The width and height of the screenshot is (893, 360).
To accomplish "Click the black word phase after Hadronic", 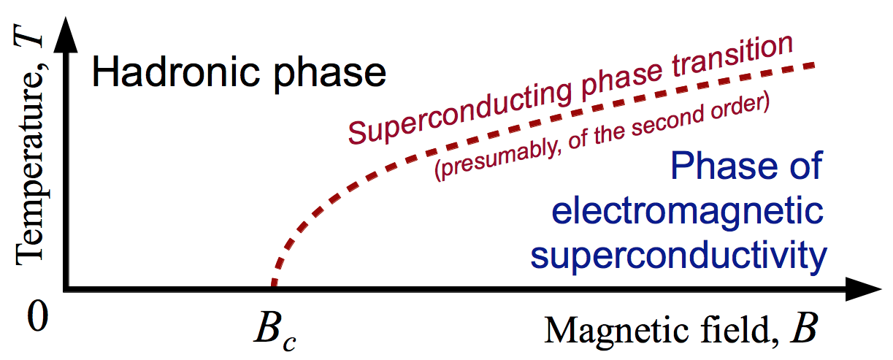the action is [330, 77].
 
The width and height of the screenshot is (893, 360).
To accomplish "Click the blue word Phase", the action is [724, 166].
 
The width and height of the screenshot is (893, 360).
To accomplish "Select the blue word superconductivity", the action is [678, 257].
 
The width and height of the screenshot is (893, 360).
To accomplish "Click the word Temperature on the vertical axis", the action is [30, 166].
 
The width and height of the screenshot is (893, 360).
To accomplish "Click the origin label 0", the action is [38, 315].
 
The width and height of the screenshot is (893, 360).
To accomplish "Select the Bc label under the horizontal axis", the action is [275, 330].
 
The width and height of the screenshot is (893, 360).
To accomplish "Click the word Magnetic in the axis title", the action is [616, 331].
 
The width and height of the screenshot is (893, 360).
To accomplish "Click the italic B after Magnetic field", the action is [804, 328].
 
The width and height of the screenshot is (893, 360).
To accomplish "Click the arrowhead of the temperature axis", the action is [66, 34].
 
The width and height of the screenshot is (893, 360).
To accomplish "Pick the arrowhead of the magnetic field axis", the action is [864, 289].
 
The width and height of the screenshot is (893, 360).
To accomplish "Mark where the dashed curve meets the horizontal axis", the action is [274, 286].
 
